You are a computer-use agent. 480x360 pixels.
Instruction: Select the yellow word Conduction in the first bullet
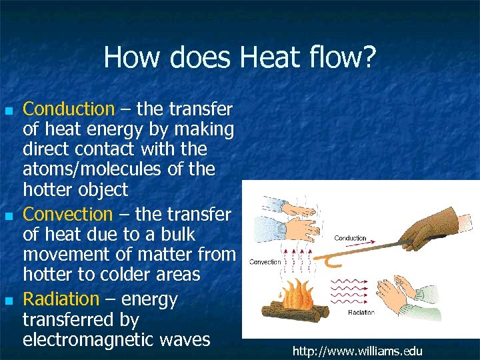[69, 109]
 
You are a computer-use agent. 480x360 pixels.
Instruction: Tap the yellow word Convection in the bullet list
[68, 215]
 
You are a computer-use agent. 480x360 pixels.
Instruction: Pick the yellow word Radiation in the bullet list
[61, 300]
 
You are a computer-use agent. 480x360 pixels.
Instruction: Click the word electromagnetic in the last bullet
[89, 340]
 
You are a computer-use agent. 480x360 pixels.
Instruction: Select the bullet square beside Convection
[8, 216]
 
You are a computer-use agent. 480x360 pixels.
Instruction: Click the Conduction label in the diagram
[350, 238]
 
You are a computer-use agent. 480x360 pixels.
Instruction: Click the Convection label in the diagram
[265, 262]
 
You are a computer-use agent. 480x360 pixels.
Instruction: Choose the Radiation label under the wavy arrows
[361, 312]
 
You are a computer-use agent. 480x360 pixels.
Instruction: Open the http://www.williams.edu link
[357, 351]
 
